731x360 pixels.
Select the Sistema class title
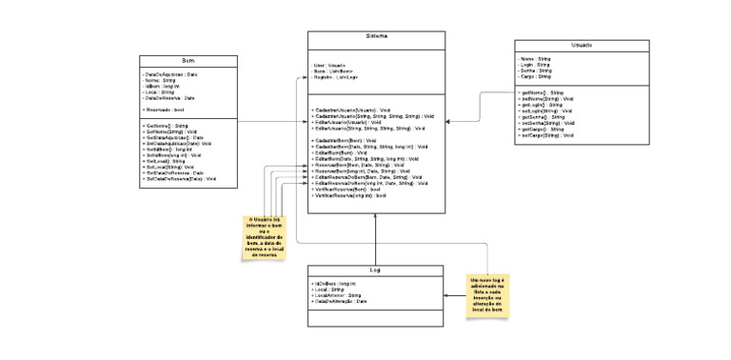click(x=376, y=37)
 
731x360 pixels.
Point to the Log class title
click(x=376, y=271)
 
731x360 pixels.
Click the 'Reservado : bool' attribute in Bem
click(x=164, y=110)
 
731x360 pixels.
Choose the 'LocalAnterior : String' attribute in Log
click(x=338, y=295)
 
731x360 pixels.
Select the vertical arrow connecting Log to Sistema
click(x=376, y=238)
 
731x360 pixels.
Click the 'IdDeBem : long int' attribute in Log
click(x=336, y=284)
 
